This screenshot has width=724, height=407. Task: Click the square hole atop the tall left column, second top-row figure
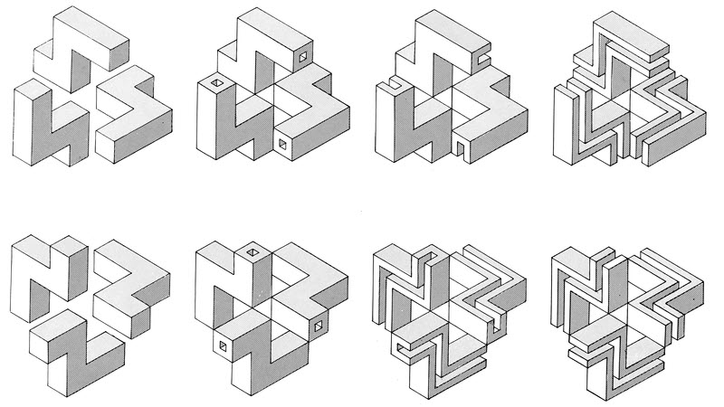click(x=215, y=86)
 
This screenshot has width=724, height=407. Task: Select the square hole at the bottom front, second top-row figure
click(x=283, y=143)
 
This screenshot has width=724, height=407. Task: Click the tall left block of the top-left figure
click(x=32, y=127)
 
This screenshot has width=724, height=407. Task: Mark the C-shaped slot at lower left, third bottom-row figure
click(x=398, y=345)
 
